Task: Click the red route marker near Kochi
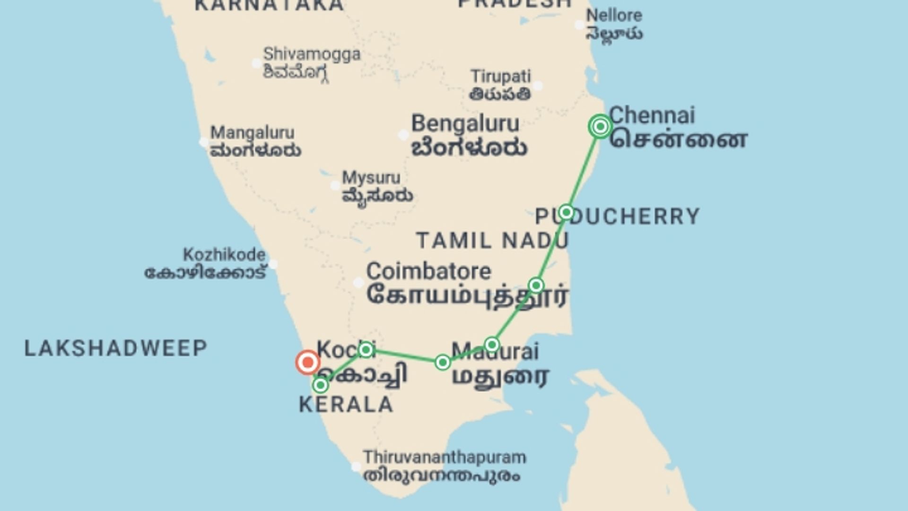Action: pyautogui.click(x=308, y=363)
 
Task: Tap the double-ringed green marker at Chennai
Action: pyautogui.click(x=600, y=127)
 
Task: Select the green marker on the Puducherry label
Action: pyautogui.click(x=566, y=212)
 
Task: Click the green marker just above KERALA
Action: pyautogui.click(x=321, y=386)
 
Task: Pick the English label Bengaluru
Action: pyautogui.click(x=465, y=124)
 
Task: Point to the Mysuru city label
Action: pyautogui.click(x=371, y=178)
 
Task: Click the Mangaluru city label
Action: pyautogui.click(x=252, y=132)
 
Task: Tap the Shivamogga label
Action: pyautogui.click(x=312, y=54)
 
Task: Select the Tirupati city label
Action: pyautogui.click(x=501, y=76)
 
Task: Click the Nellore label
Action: pyautogui.click(x=614, y=16)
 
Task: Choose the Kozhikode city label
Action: pyautogui.click(x=224, y=255)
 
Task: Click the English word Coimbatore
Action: pyautogui.click(x=428, y=272)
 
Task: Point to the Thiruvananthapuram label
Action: pyautogui.click(x=444, y=458)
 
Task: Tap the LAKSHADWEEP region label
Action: pyautogui.click(x=116, y=349)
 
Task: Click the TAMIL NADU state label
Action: pyautogui.click(x=492, y=241)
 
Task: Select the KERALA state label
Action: pyautogui.click(x=346, y=405)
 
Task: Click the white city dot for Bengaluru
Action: pyautogui.click(x=403, y=135)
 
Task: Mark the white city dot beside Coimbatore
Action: pyautogui.click(x=359, y=283)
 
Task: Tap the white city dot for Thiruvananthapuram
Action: pyautogui.click(x=356, y=467)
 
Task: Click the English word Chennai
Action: pyautogui.click(x=652, y=115)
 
